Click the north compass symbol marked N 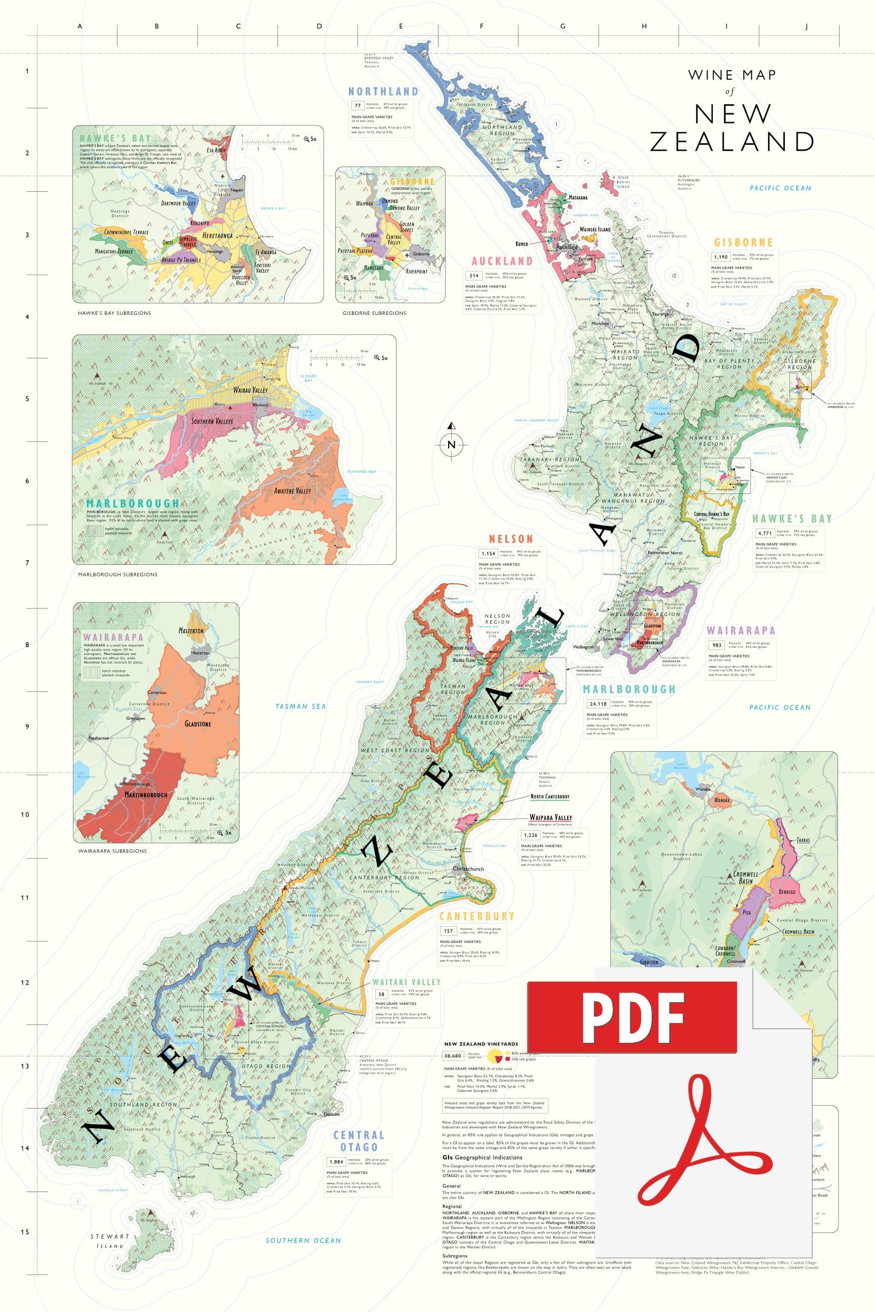tap(452, 444)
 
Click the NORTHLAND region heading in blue tap(383, 92)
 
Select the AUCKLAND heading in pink tap(502, 261)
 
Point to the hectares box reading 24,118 tap(598, 704)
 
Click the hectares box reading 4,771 tap(765, 532)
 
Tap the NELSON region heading tap(510, 539)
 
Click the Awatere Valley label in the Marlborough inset tap(292, 491)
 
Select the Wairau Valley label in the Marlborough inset tap(250, 390)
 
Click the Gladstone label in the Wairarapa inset tap(197, 723)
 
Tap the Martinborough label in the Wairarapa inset tap(146, 794)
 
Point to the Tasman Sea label tap(300, 706)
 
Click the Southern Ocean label tap(303, 1240)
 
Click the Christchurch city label tap(468, 869)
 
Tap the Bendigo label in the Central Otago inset tap(787, 891)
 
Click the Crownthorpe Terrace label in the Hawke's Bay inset tap(126, 231)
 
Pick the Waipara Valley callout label tap(550, 817)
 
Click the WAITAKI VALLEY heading tap(406, 982)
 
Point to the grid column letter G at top tap(563, 26)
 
